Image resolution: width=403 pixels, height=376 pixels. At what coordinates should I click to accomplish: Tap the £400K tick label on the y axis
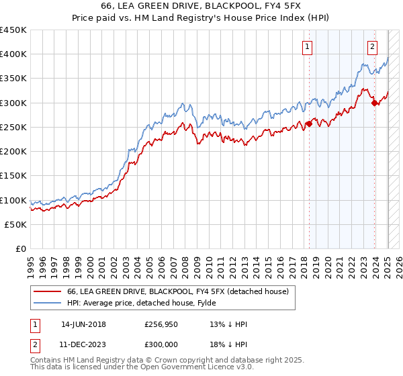13,54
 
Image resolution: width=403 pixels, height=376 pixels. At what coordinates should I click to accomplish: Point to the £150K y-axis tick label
13,176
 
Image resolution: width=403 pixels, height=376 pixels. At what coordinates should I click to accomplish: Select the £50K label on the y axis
16,225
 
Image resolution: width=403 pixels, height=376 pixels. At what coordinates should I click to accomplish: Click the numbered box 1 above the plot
307,47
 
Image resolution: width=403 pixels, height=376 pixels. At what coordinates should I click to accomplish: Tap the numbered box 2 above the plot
372,47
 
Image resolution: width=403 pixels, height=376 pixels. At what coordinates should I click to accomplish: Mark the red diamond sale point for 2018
309,124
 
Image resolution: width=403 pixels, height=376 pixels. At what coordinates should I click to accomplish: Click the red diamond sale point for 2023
374,103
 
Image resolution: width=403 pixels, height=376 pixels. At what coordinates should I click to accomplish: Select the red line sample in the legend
47,291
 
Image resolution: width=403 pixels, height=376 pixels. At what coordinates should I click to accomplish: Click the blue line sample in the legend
47,302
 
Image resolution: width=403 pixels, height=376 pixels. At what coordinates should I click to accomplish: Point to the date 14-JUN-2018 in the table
83,324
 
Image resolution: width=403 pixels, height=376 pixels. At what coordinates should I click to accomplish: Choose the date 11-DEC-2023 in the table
83,344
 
